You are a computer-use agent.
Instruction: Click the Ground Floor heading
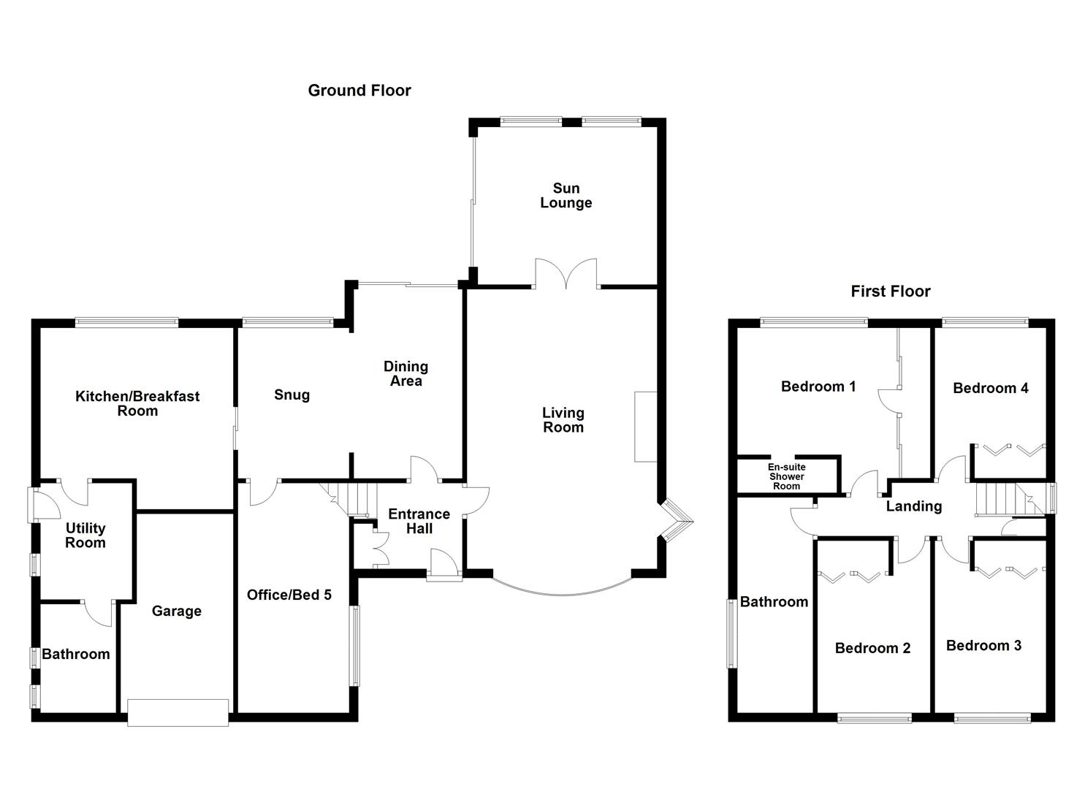[x=359, y=91]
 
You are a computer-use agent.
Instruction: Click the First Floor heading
[x=890, y=291]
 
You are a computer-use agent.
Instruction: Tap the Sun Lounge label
[x=566, y=196]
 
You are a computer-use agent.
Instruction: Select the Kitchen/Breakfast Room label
[x=137, y=403]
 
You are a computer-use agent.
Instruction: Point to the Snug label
[x=292, y=395]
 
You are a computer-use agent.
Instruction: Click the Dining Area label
[x=406, y=373]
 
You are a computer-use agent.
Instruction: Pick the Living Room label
[x=563, y=420]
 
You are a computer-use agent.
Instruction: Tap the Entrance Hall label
[x=419, y=521]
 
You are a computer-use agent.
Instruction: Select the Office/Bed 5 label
[x=289, y=595]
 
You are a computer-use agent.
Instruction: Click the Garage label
[x=176, y=611]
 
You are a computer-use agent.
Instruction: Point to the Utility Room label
[x=85, y=535]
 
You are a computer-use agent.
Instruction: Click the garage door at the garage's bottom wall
[x=178, y=712]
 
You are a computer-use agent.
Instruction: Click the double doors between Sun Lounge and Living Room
[x=566, y=274]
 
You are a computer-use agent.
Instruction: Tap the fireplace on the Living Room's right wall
[x=645, y=427]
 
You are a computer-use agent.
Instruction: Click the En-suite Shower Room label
[x=786, y=476]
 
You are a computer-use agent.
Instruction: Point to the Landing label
[x=913, y=506]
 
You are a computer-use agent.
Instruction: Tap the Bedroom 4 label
[x=990, y=389]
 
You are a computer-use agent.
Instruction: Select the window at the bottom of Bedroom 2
[x=875, y=718]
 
